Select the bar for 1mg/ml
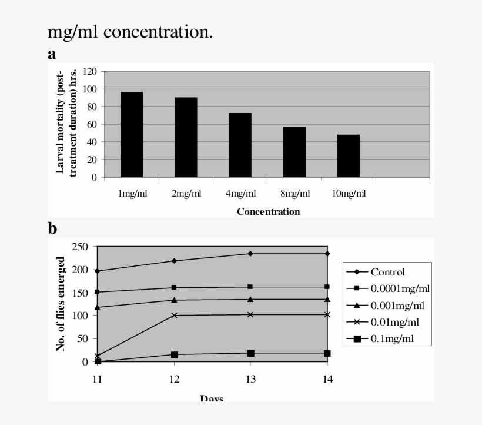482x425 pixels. coord(132,134)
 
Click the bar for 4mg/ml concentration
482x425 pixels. coord(240,145)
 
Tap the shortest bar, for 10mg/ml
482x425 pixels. coord(349,155)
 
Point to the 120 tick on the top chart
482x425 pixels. coord(90,71)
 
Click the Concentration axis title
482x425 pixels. coord(268,211)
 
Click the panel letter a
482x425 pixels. coord(52,55)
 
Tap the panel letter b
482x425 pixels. coord(53,227)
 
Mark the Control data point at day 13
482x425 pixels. coord(250,254)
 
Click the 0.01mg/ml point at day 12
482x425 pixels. coord(174,315)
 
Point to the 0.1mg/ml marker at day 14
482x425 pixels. coord(327,353)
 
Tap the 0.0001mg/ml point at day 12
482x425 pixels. coord(174,287)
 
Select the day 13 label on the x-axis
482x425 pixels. coord(250,379)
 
